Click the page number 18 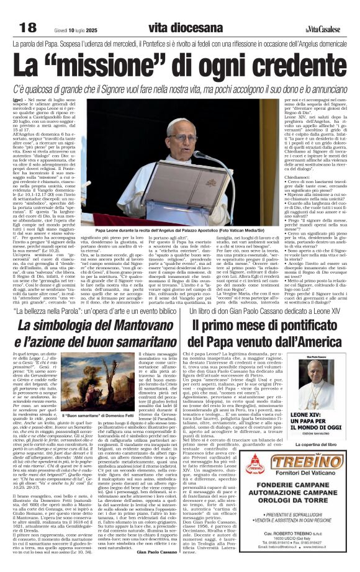(x=27, y=28)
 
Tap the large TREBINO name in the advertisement (x=304, y=462)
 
